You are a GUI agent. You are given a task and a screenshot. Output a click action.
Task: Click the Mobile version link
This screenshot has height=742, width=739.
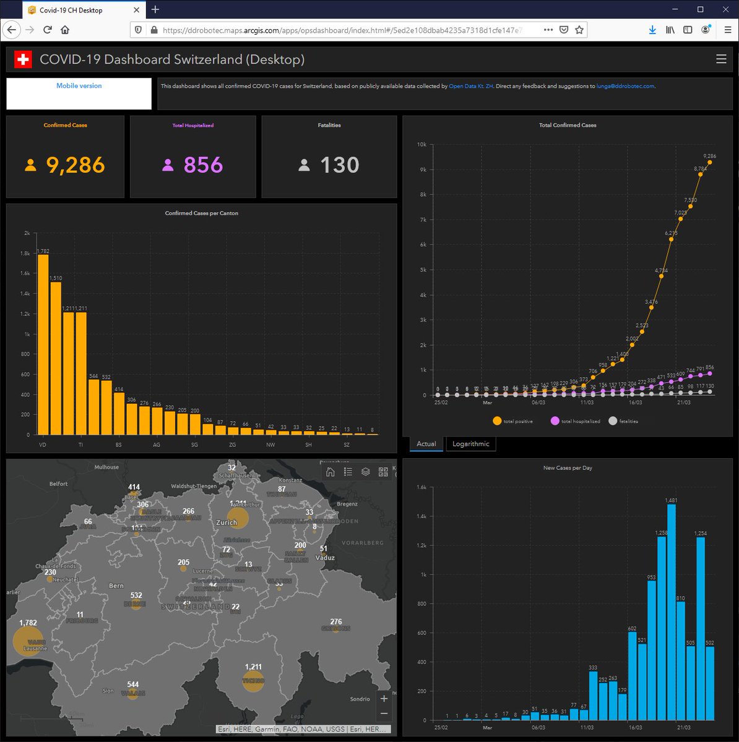pos(79,86)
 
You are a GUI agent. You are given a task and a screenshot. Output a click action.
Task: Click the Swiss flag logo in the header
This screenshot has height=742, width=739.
pos(23,59)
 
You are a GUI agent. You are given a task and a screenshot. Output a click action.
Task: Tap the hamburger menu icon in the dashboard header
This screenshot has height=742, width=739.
pos(721,59)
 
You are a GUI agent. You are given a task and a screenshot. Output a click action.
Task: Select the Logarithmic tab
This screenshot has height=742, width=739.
pos(470,444)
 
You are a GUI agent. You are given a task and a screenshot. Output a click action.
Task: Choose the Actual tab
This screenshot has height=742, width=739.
pos(426,444)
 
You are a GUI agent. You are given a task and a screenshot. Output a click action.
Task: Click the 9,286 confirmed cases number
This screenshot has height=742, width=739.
pos(76,165)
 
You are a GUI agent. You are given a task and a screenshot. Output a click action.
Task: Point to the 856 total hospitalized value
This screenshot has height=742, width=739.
pos(203,165)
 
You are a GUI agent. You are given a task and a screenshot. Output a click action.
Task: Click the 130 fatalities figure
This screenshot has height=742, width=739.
pos(339,165)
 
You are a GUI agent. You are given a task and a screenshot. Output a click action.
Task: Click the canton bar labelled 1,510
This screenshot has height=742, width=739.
pos(56,358)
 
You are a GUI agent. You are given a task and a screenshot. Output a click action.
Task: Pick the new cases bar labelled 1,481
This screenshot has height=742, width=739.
pos(672,612)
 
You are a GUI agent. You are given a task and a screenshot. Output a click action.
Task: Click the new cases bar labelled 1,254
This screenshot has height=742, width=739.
pos(701,628)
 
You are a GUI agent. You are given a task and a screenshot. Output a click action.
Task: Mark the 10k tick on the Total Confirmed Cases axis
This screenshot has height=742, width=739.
pos(421,145)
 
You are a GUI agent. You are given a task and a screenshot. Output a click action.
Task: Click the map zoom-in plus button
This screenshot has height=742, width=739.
pos(384,698)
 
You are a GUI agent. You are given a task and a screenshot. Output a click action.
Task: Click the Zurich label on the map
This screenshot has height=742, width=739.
pos(227,522)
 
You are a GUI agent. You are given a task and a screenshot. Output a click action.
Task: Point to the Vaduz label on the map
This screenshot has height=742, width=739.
pos(325,558)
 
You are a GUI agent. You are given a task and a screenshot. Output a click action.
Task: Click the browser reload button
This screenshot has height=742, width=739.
pos(47,30)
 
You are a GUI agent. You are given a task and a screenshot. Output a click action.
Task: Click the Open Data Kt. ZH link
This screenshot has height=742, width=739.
pos(471,87)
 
